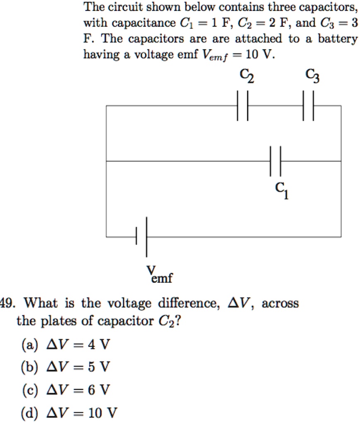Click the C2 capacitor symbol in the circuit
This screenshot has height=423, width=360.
[243, 106]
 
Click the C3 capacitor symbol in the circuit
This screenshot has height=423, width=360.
[308, 106]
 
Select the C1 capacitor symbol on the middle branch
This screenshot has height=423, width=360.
[276, 161]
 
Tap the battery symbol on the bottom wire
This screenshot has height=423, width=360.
[141, 237]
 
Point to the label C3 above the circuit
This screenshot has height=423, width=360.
[312, 76]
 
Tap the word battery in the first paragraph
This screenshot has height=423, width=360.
[337, 39]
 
